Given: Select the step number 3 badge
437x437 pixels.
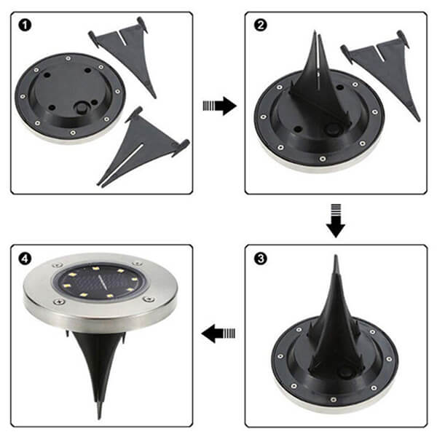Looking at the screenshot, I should [260, 257].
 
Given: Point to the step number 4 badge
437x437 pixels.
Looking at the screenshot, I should [26, 257].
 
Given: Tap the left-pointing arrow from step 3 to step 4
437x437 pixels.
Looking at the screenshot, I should [219, 334].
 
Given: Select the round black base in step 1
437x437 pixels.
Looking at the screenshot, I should [69, 95].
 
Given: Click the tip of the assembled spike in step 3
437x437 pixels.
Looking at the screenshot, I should [335, 258].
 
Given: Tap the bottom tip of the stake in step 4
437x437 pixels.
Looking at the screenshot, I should [99, 417].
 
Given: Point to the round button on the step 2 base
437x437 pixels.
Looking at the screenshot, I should [334, 131].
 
